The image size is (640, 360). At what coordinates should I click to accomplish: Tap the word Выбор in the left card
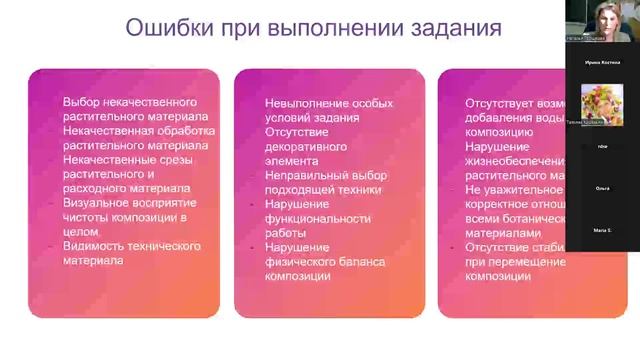point(82,103)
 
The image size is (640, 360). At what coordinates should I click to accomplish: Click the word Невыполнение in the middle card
point(305,103)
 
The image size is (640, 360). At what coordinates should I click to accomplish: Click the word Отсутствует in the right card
point(497,103)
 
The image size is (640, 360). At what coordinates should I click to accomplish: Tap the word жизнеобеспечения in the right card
point(516,159)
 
